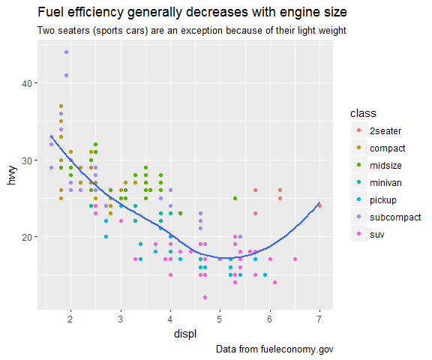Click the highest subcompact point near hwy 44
point(66,52)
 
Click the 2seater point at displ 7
point(319,205)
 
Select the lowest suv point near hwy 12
point(205,297)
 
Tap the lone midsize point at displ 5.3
point(235,198)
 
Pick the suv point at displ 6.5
point(295,259)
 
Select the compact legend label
point(387,148)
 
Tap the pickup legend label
point(383,200)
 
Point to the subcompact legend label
point(395,217)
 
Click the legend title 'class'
point(363,113)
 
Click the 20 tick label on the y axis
point(27,237)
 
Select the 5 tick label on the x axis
point(219,319)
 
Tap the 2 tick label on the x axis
point(70,319)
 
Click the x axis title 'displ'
point(185,334)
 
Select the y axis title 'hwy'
point(11,175)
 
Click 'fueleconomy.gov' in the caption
point(297,349)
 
